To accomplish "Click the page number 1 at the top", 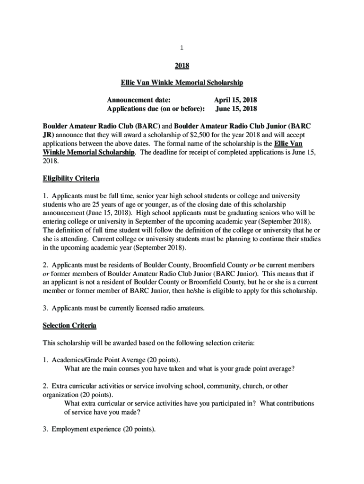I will pyautogui.click(x=182, y=48).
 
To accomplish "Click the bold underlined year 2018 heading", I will pyautogui.click(x=182, y=66).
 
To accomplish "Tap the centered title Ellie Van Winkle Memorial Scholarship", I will pyautogui.click(x=182, y=83).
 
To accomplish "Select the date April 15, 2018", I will pyautogui.click(x=235, y=100).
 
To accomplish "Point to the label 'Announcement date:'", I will pyautogui.click(x=139, y=100).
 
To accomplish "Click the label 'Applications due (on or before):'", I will pyautogui.click(x=156, y=109).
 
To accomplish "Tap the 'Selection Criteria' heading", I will pyautogui.click(x=69, y=326).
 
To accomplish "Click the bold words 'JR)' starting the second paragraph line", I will pyautogui.click(x=49, y=135).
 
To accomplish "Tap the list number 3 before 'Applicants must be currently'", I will pyautogui.click(x=44, y=308).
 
